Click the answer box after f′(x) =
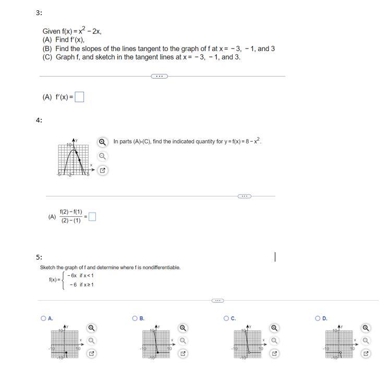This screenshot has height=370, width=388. (79, 97)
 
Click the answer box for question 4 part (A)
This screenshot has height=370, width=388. (92, 217)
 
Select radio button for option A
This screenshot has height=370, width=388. (43, 318)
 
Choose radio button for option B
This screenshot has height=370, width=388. (135, 318)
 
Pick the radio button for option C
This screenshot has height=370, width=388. (226, 318)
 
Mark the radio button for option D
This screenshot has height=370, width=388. (318, 318)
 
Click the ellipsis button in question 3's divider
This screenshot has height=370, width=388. (159, 76)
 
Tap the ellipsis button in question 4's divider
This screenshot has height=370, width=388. (244, 196)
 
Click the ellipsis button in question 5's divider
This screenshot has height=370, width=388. (217, 301)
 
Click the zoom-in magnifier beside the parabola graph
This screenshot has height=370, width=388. (103, 142)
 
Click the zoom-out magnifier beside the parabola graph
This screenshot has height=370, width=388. (103, 156)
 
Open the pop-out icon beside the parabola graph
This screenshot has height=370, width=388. (103, 170)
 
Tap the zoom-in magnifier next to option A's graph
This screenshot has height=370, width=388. (91, 328)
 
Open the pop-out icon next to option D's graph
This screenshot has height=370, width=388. (366, 353)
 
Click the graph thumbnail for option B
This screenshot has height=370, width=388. (156, 342)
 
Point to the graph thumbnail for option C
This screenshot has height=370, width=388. (247, 342)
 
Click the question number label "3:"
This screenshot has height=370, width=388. (39, 13)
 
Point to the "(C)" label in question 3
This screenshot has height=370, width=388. (48, 57)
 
